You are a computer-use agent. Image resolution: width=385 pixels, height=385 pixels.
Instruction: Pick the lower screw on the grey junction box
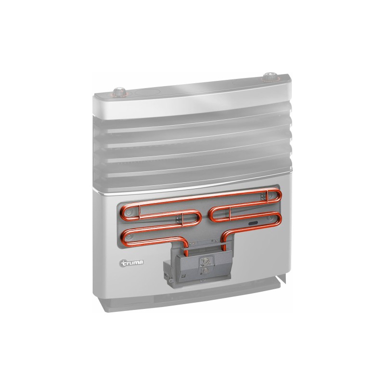(205, 272)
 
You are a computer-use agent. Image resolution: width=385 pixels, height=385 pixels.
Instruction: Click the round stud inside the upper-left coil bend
(127, 212)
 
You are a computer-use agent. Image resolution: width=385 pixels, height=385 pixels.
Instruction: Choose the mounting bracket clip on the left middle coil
(183, 221)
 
